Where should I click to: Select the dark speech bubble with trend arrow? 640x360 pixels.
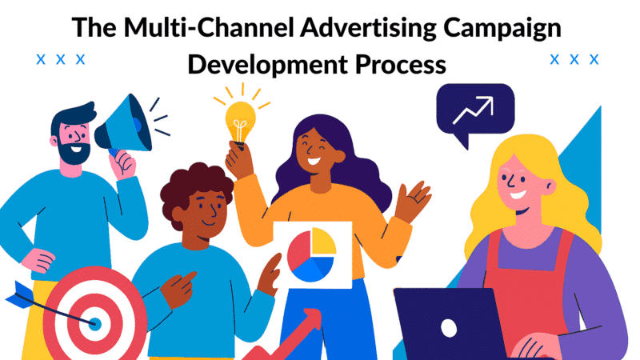click(475, 115)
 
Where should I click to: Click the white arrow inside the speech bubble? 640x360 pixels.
click(474, 110)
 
